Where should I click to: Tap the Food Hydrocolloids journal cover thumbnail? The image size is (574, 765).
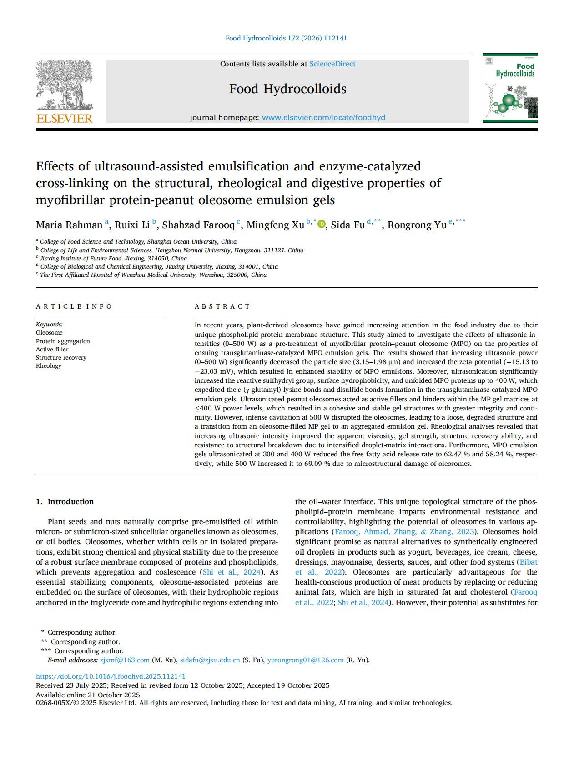(x=510, y=88)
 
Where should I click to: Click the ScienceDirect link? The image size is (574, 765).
(x=332, y=64)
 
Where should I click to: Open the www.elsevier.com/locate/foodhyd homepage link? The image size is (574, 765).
(x=323, y=118)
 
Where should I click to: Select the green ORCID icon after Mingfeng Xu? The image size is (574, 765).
(x=322, y=224)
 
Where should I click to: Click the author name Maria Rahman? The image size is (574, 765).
(x=69, y=225)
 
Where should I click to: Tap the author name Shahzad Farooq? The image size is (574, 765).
(x=198, y=225)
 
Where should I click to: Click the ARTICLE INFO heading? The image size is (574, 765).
(x=74, y=306)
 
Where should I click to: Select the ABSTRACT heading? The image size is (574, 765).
(x=222, y=306)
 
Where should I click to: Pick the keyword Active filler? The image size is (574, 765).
(x=52, y=349)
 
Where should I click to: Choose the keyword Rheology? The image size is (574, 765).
(x=49, y=365)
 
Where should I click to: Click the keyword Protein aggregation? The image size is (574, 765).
(x=63, y=341)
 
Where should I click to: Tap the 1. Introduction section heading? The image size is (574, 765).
(x=65, y=501)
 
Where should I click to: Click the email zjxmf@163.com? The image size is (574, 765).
(x=125, y=660)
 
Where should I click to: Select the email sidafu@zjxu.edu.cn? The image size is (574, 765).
(x=210, y=660)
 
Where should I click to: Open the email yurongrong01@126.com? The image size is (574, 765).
(x=305, y=660)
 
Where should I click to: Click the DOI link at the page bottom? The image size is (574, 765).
(x=111, y=676)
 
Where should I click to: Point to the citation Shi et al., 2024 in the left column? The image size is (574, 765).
(x=232, y=572)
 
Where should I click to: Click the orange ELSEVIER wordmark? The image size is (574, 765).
(x=64, y=119)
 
